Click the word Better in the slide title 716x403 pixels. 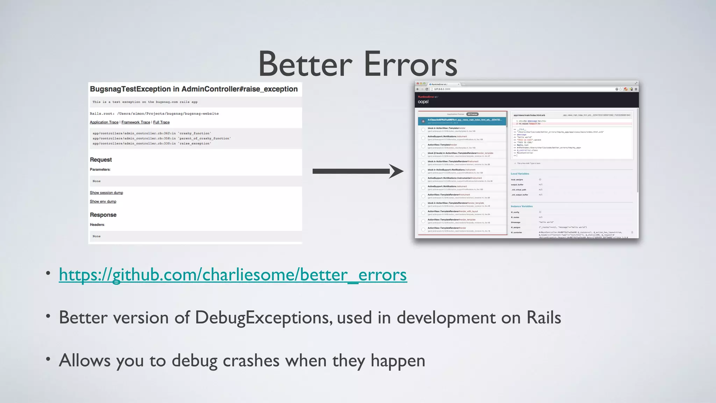pyautogui.click(x=305, y=64)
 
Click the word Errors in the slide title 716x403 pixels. pyautogui.click(x=411, y=64)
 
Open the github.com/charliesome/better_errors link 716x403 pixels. pyautogui.click(x=233, y=275)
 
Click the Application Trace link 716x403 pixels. pyautogui.click(x=104, y=122)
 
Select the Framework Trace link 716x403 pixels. pyautogui.click(x=136, y=122)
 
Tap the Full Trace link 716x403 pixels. pyautogui.click(x=161, y=122)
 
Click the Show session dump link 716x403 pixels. pyautogui.click(x=106, y=193)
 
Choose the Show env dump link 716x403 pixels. pyautogui.click(x=103, y=201)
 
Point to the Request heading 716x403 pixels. pyautogui.click(x=101, y=160)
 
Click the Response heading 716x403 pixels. pyautogui.click(x=103, y=215)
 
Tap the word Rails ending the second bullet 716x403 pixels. pyautogui.click(x=544, y=318)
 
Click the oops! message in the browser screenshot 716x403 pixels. pyautogui.click(x=423, y=102)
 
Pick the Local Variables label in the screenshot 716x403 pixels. pyautogui.click(x=520, y=174)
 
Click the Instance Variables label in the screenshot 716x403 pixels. pyautogui.click(x=522, y=206)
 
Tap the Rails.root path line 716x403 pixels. pyautogui.click(x=154, y=114)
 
